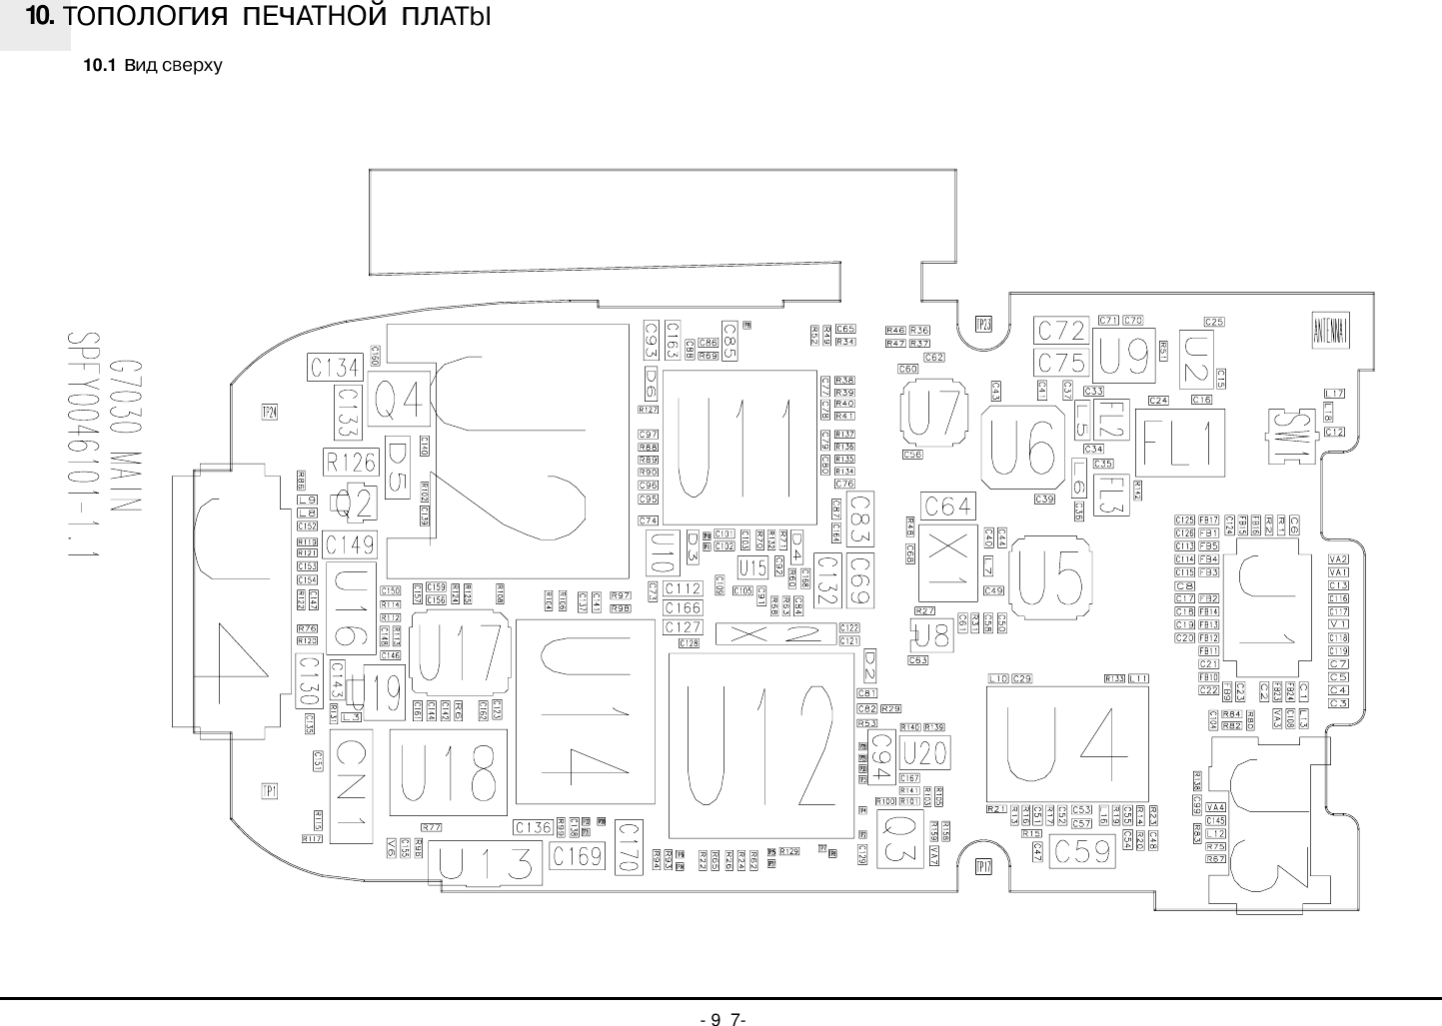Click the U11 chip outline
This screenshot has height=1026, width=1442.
739,447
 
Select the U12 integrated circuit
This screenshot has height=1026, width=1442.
761,745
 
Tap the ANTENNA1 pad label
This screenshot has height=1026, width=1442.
1330,331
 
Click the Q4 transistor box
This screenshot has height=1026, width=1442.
398,403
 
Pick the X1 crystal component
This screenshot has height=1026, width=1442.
945,563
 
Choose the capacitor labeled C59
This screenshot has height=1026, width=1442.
1082,851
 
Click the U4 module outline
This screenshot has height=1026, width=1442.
1066,743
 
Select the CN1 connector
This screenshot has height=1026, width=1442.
352,787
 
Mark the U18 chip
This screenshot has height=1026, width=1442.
447,772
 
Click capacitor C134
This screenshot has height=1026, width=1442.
334,368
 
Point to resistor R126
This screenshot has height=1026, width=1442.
351,462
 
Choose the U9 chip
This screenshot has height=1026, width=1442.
1124,356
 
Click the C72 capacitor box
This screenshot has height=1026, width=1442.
1060,330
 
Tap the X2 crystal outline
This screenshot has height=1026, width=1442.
774,633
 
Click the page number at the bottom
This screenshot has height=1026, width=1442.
722,1019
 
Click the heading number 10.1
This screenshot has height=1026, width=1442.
99,66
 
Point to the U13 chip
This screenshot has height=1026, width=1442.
486,864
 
